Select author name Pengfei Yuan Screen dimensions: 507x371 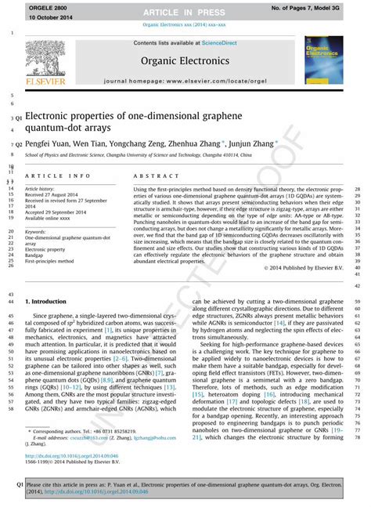pos(46,145)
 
